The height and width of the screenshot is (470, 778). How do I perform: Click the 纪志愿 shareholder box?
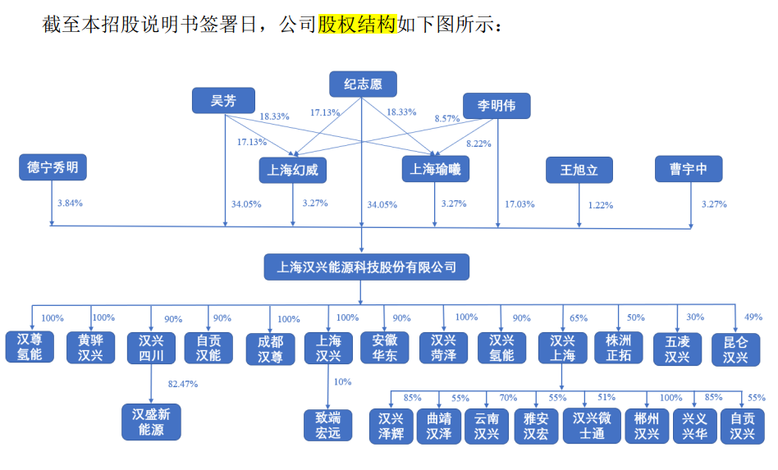click(363, 84)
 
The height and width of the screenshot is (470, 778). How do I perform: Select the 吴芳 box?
click(223, 101)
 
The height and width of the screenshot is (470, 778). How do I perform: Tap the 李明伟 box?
click(497, 106)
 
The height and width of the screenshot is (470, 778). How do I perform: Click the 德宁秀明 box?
click(53, 168)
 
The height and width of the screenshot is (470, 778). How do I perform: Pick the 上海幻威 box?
click(293, 171)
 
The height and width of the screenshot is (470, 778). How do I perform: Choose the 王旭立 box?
click(580, 171)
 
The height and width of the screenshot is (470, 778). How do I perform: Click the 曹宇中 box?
click(689, 169)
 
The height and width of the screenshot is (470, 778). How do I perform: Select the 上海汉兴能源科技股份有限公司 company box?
click(362, 267)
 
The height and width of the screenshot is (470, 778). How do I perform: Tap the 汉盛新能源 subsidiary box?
click(151, 422)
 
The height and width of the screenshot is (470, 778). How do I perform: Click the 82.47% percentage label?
click(182, 383)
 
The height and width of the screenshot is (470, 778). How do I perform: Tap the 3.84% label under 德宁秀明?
click(70, 202)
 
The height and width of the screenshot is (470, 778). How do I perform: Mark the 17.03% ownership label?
click(519, 203)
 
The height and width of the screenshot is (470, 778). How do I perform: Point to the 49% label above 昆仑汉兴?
click(753, 317)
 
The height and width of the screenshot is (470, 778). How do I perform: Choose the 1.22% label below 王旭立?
click(601, 205)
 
